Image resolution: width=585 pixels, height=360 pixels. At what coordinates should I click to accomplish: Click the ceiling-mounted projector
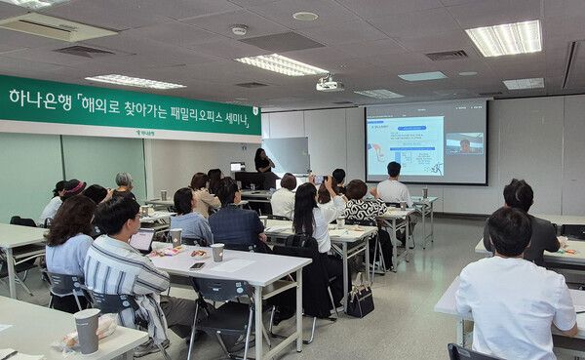point(329,84)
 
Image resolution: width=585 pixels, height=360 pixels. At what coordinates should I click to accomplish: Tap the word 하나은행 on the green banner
point(40,99)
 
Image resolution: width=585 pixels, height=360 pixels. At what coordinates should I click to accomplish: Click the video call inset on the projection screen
point(464,144)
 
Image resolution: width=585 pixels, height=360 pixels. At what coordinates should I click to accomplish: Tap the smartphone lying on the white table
point(197,264)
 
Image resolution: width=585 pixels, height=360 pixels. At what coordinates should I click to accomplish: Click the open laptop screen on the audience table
point(142,240)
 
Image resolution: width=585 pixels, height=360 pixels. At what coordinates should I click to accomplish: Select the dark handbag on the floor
point(360,300)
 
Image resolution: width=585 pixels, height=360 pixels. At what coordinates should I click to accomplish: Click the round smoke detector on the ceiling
point(239,30)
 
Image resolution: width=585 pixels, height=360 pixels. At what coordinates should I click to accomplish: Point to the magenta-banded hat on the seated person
point(74,185)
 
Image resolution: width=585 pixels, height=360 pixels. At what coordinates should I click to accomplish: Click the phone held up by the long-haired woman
point(323,180)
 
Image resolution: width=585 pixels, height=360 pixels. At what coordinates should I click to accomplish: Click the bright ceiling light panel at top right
point(504,38)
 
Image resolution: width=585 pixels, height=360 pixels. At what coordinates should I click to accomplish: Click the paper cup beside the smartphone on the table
point(217,252)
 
